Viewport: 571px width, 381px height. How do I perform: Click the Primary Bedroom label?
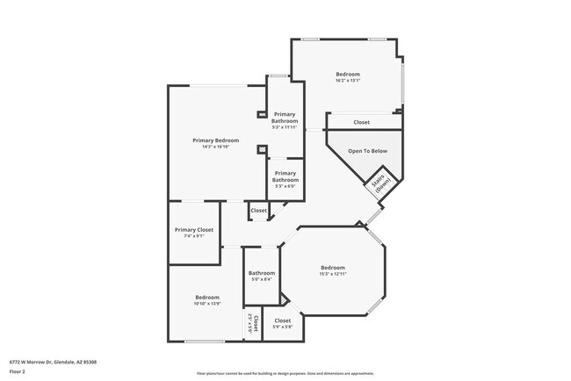tap(216, 140)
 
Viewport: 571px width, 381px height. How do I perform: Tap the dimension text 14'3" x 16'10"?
tap(216, 147)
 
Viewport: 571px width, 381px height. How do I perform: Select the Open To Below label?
tap(368, 151)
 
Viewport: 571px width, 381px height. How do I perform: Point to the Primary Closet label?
tap(194, 230)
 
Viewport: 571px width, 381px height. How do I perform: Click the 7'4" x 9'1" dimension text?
tap(194, 236)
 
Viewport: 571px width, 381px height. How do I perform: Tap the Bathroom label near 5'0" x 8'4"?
tap(261, 274)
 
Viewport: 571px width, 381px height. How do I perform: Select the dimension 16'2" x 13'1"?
tap(348, 81)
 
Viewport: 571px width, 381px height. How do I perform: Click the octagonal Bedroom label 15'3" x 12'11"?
tap(333, 268)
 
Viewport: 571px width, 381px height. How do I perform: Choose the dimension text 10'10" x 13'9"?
tap(207, 304)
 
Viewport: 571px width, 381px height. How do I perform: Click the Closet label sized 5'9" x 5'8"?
tap(283, 321)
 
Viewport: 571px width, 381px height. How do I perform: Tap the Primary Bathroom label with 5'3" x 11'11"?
tap(285, 118)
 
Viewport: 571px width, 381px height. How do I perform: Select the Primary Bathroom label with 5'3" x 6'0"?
tap(285, 176)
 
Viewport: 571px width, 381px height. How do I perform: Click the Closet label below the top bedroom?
tap(361, 122)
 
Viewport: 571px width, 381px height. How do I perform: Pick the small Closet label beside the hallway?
tap(259, 211)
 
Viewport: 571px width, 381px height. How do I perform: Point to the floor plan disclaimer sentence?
tap(285, 373)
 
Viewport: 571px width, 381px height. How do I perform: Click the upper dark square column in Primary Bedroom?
tap(261, 114)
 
